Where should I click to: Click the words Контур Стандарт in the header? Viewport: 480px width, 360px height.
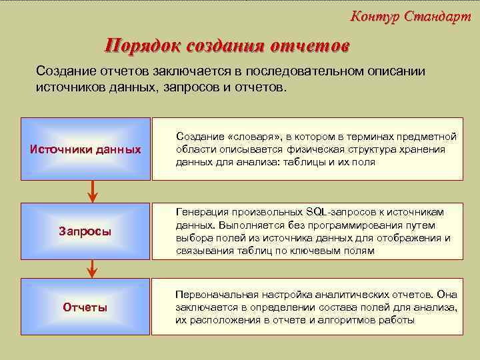pyautogui.click(x=410, y=17)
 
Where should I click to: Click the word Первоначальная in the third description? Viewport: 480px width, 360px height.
pyautogui.click(x=212, y=294)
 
